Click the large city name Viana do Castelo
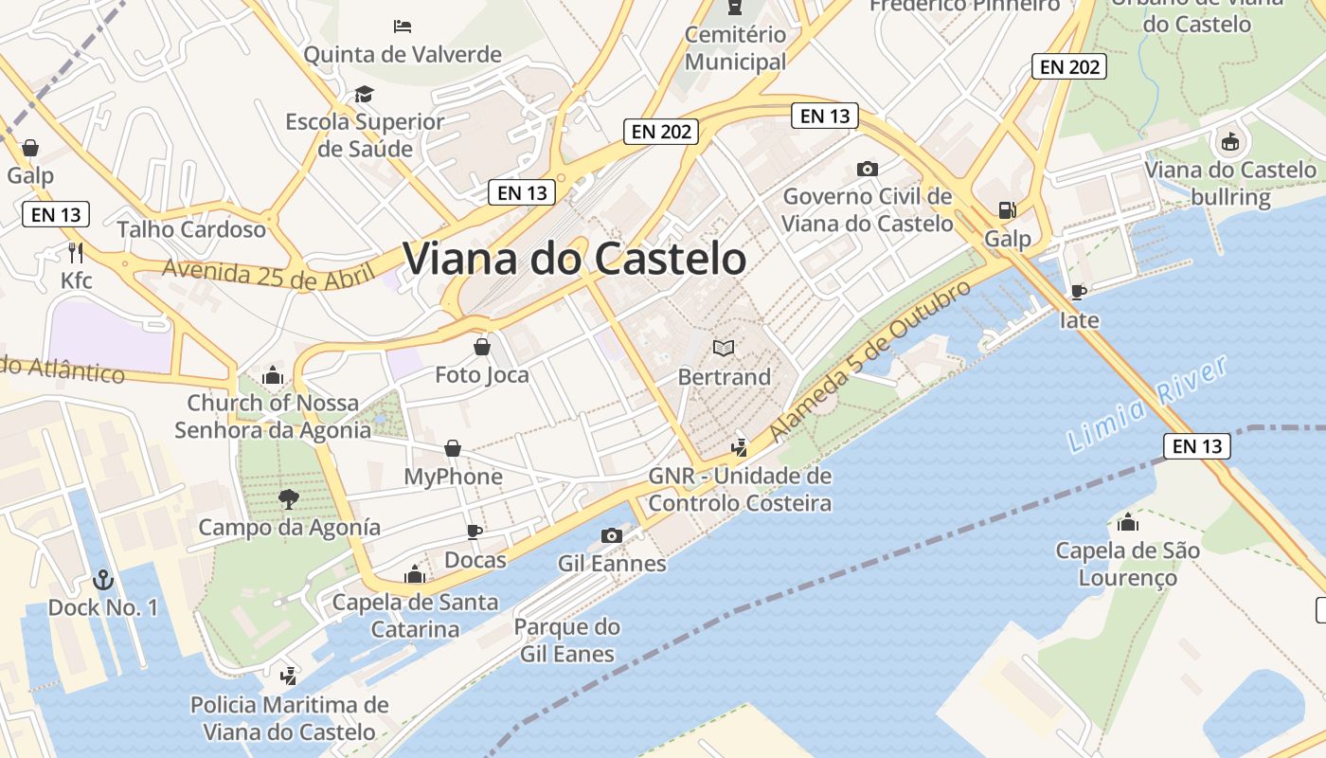(x=575, y=259)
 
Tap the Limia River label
(x=1147, y=404)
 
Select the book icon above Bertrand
(x=724, y=349)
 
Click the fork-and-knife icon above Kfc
(x=77, y=252)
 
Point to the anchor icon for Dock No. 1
(x=102, y=579)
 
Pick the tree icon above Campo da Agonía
(x=289, y=498)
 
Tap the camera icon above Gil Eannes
(x=612, y=535)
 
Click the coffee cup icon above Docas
(x=475, y=532)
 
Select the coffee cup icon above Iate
(x=1078, y=292)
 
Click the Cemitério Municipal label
(x=736, y=48)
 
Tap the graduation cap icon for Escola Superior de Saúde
(x=364, y=94)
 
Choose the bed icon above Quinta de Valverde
(x=402, y=26)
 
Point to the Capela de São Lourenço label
(x=1127, y=564)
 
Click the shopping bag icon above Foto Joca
(x=482, y=347)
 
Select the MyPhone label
(x=454, y=477)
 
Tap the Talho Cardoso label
(x=192, y=229)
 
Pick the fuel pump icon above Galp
(x=1007, y=210)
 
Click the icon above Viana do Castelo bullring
(x=1229, y=142)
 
